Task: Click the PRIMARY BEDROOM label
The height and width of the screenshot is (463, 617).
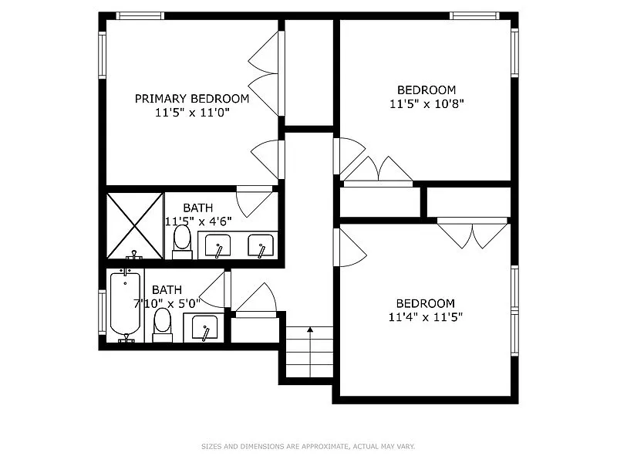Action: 192,98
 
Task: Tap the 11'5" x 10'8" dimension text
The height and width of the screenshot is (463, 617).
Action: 427,103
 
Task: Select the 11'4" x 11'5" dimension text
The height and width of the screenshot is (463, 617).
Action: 426,316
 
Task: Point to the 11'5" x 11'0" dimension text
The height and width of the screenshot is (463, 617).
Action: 192,112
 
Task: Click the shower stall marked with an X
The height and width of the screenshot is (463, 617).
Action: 134,225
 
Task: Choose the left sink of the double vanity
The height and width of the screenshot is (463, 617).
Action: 219,246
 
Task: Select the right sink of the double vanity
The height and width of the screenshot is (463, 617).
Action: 261,246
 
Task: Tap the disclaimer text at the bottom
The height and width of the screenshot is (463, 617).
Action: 308,446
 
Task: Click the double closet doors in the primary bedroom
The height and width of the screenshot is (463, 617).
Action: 265,74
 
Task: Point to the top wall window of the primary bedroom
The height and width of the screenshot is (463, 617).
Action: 140,15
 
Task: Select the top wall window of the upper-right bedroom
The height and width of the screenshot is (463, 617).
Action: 474,15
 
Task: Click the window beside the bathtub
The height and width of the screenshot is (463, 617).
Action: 103,312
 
